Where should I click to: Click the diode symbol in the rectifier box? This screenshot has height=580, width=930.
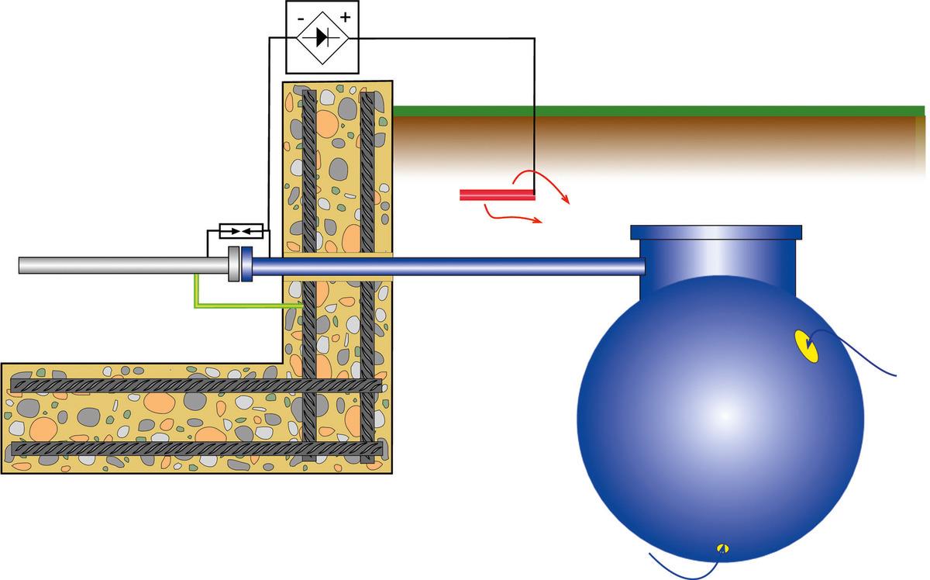(318, 36)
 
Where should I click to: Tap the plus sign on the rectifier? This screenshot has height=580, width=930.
(344, 16)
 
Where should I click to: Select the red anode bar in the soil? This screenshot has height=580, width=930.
(497, 195)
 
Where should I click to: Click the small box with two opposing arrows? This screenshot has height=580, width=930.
(242, 231)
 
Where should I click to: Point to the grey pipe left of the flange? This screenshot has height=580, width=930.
(124, 265)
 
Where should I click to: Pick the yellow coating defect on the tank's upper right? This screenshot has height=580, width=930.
(807, 346)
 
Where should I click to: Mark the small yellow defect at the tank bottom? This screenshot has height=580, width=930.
(723, 547)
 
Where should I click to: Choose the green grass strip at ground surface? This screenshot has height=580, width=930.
(659, 111)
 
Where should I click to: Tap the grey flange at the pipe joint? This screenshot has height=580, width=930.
(233, 265)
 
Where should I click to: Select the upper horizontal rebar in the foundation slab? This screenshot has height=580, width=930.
(194, 385)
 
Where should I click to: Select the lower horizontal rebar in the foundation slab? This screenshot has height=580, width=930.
(194, 448)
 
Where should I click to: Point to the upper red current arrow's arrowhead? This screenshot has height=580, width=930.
(568, 202)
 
